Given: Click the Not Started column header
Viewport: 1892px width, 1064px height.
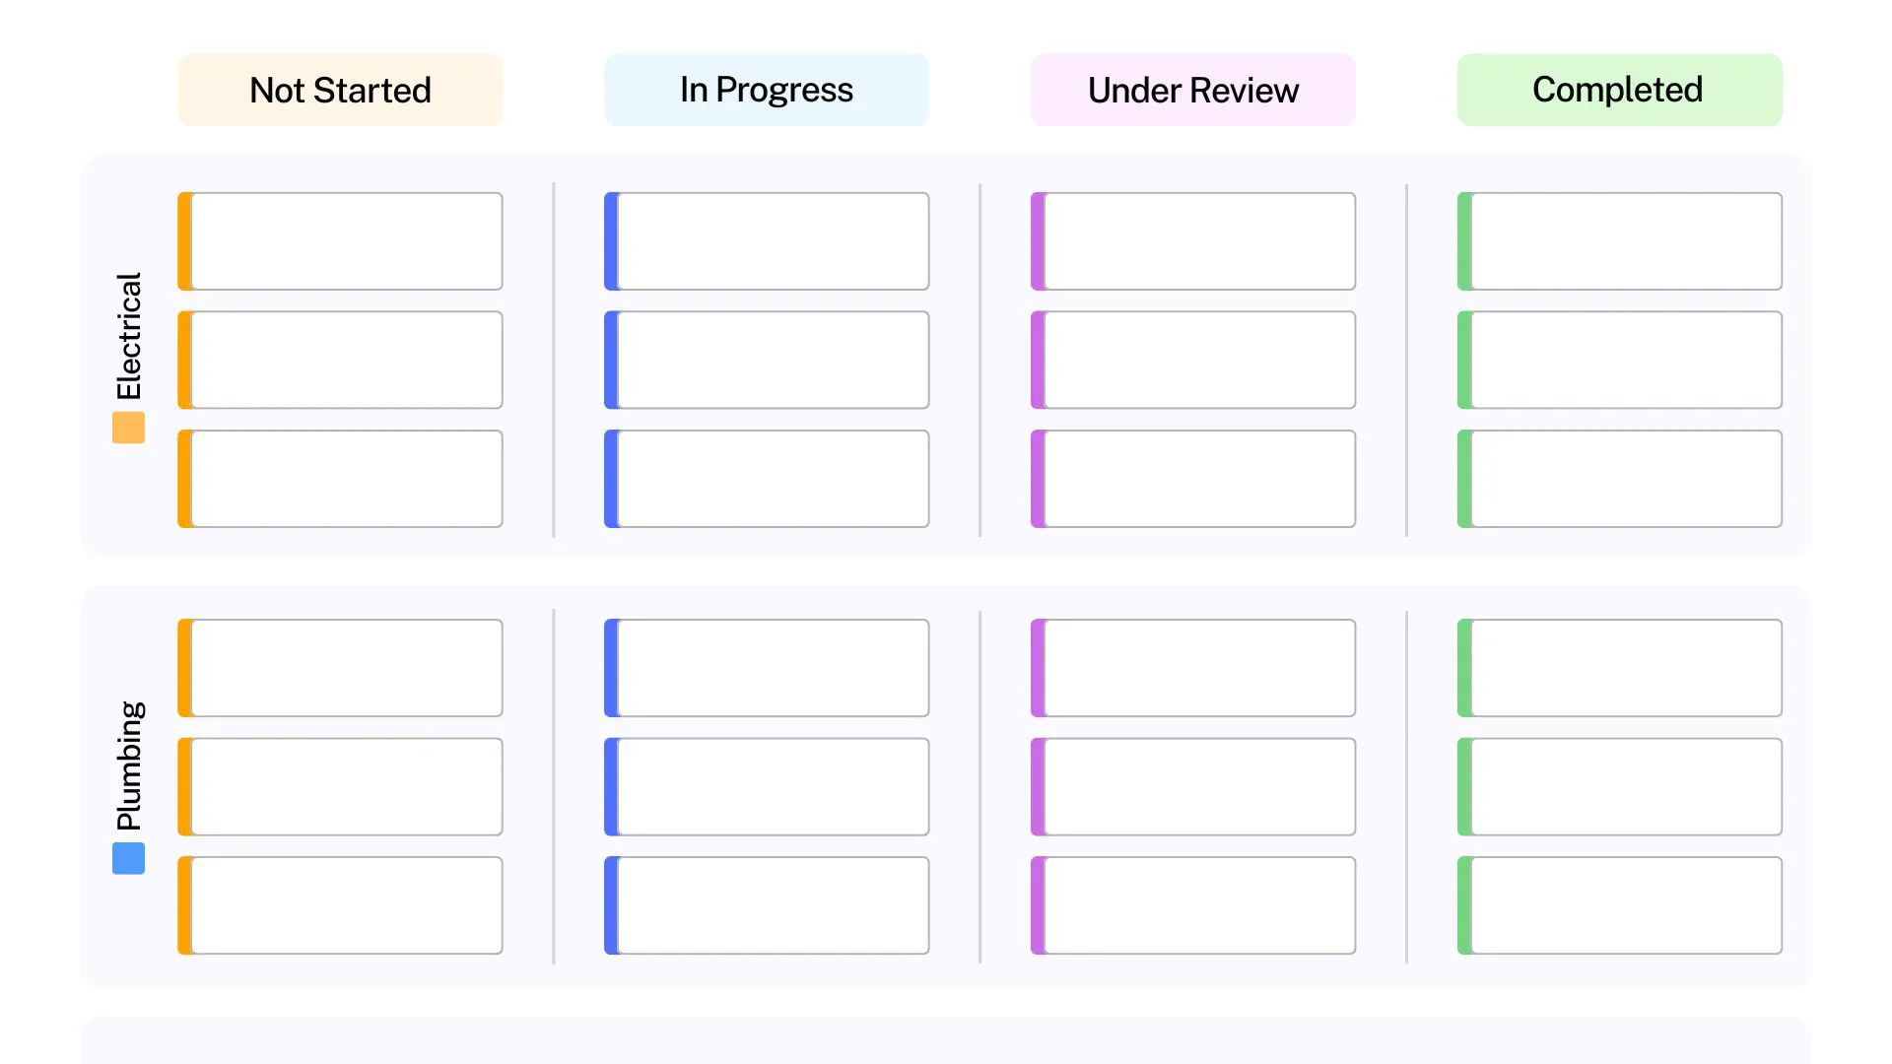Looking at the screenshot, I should (x=340, y=90).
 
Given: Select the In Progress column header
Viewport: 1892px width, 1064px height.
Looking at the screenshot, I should (x=766, y=90).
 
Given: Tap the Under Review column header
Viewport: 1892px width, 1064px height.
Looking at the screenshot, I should (x=1192, y=90).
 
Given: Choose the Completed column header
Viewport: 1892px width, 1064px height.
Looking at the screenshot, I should (x=1618, y=90).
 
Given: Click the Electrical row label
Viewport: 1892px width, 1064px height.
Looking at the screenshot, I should (x=129, y=336).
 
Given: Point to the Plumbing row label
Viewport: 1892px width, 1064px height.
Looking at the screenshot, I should (x=129, y=765).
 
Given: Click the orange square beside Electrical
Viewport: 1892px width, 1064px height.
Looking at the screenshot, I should (x=128, y=428).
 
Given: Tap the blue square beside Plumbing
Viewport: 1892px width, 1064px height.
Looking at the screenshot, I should (x=128, y=858).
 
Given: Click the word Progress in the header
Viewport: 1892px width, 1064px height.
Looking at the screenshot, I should (x=784, y=91).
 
